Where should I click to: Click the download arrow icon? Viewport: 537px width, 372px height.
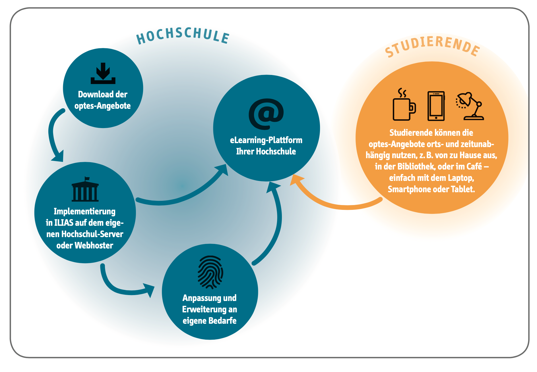(103, 74)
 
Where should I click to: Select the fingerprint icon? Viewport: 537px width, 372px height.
(210, 272)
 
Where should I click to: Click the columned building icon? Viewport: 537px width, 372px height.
(85, 189)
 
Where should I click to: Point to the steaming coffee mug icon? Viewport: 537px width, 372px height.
(403, 105)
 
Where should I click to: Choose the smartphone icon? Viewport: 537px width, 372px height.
(436, 106)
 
